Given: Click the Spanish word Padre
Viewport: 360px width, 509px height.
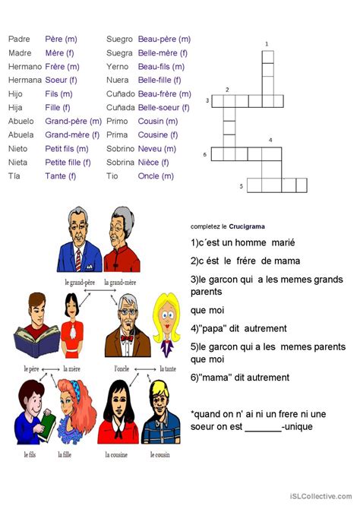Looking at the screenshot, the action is tap(20, 40).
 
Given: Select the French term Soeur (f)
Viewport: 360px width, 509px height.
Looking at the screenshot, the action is tap(61, 81).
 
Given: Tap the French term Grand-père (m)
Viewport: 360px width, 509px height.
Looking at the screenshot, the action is tap(73, 122).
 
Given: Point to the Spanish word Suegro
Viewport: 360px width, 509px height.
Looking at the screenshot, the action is tap(120, 40).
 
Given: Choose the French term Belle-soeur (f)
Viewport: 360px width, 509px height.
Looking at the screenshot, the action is tap(163, 108).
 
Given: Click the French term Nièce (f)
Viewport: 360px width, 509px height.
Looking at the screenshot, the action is tap(153, 163).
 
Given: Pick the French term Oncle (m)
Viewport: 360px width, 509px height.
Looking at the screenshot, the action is tap(156, 176).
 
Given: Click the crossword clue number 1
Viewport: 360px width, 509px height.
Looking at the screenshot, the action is tap(267, 44).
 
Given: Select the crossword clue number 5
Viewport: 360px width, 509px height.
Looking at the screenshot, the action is tap(242, 186).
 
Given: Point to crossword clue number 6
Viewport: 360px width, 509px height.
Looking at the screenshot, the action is tap(205, 154).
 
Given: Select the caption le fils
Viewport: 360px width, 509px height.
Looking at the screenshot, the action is tap(30, 454).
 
